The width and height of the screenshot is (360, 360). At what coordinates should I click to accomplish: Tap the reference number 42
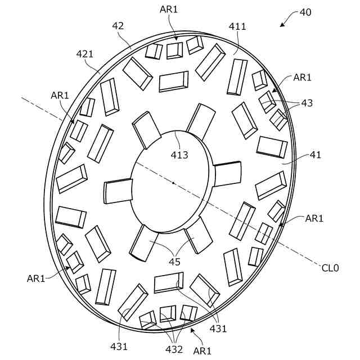pyautogui.click(x=118, y=25)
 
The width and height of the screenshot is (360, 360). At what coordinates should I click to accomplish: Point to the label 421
pyautogui.click(x=85, y=53)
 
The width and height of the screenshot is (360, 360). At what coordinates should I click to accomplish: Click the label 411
pyautogui.click(x=237, y=26)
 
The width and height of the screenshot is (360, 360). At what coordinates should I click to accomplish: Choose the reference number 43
pyautogui.click(x=307, y=103)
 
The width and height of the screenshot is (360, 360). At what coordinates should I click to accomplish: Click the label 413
pyautogui.click(x=180, y=155)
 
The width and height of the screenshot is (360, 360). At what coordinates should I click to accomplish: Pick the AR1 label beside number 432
pyautogui.click(x=202, y=350)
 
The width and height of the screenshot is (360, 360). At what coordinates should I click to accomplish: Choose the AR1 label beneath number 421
pyautogui.click(x=60, y=96)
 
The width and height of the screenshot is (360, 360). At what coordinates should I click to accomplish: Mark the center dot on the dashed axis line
pyautogui.click(x=173, y=182)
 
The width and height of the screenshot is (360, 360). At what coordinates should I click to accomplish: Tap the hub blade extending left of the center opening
pyautogui.click(x=118, y=190)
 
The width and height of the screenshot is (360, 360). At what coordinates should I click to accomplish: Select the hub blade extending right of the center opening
pyautogui.click(x=228, y=173)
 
